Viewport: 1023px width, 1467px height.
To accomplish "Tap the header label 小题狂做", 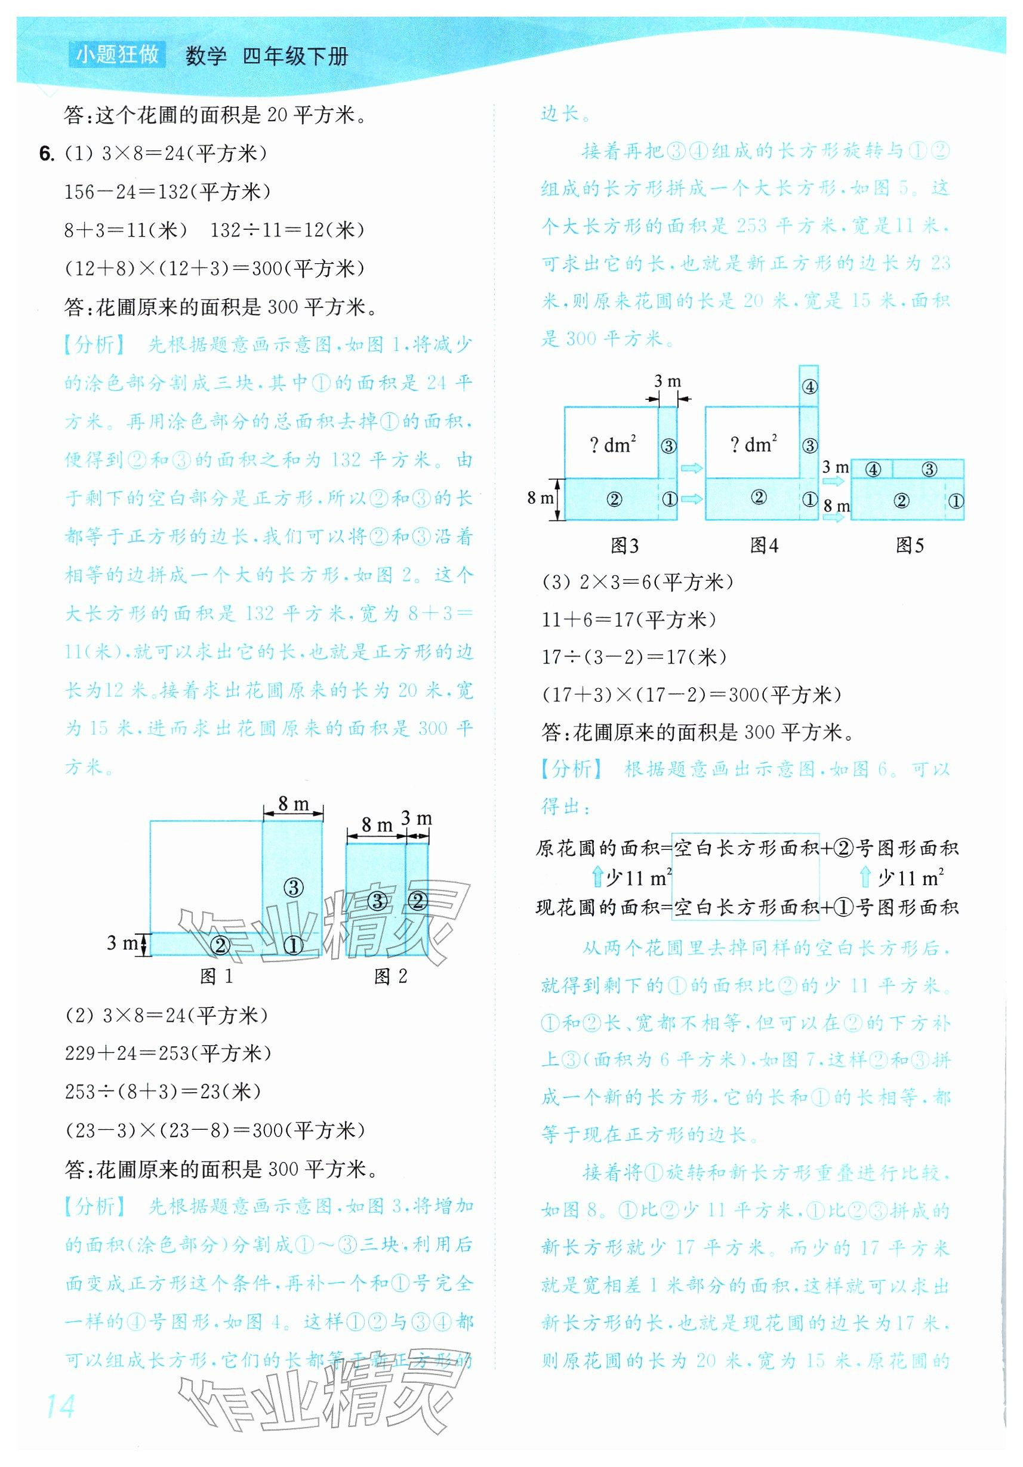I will point(117,55).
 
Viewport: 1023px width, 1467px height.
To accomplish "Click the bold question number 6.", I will point(46,154).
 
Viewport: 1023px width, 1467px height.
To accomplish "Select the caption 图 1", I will point(217,976).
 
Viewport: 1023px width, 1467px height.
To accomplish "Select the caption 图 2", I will point(390,976).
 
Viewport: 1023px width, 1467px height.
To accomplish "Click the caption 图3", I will point(624,545).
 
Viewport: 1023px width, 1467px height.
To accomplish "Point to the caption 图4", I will point(763,545).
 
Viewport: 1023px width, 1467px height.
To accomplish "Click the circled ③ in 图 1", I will point(292,887).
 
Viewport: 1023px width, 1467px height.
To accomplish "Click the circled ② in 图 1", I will point(220,945).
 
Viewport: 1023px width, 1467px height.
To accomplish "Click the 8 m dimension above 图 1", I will point(293,803).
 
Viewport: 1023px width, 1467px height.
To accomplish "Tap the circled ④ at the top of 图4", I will point(809,387).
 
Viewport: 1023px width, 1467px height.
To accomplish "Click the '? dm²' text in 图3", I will point(613,444).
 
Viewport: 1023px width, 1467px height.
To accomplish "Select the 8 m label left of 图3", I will point(540,498).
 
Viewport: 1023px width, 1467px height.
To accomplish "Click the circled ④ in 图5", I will point(873,470).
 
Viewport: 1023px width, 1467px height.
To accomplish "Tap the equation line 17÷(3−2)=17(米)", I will point(634,657).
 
